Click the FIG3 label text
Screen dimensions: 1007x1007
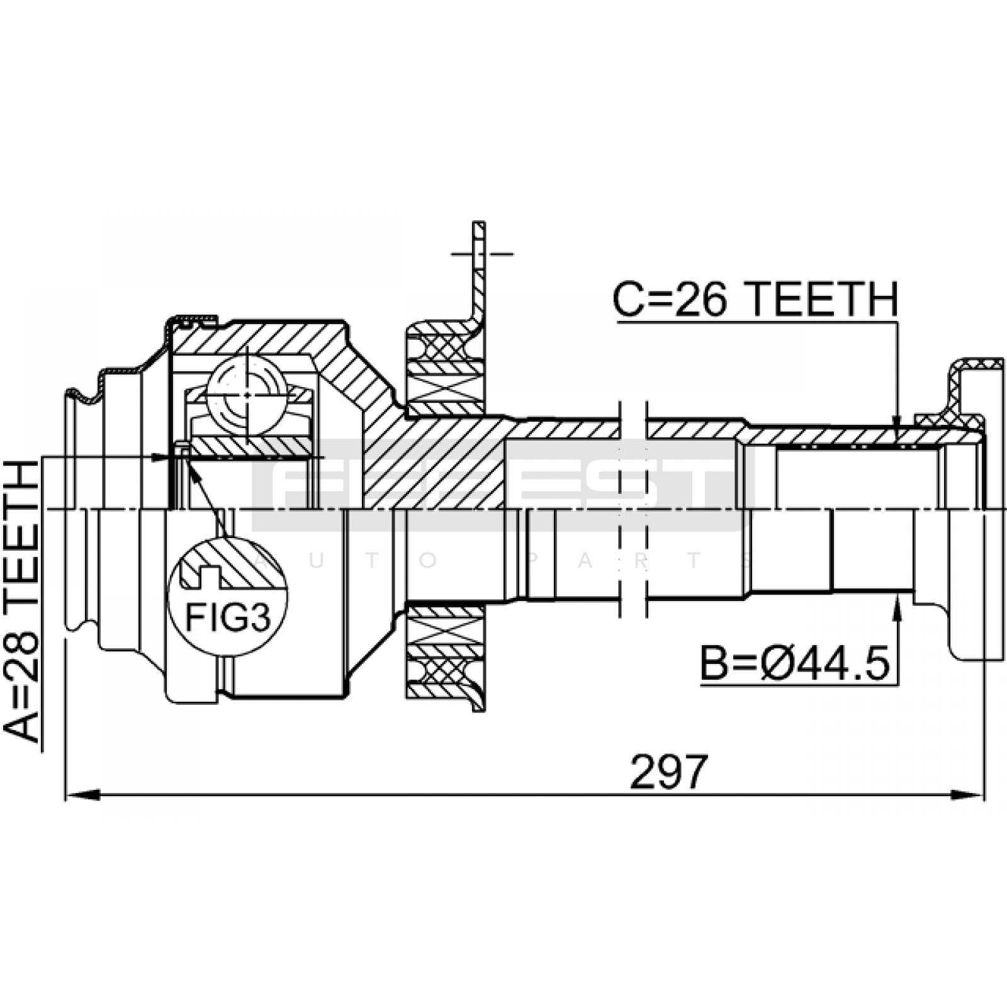coord(228,618)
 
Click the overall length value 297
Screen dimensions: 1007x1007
coord(668,772)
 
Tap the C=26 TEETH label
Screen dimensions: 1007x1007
coord(755,299)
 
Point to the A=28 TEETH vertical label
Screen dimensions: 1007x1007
coord(21,600)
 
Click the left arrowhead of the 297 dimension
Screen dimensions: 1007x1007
coord(82,795)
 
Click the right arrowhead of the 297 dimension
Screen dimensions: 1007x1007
coord(967,795)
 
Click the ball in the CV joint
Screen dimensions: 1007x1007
coord(246,395)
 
